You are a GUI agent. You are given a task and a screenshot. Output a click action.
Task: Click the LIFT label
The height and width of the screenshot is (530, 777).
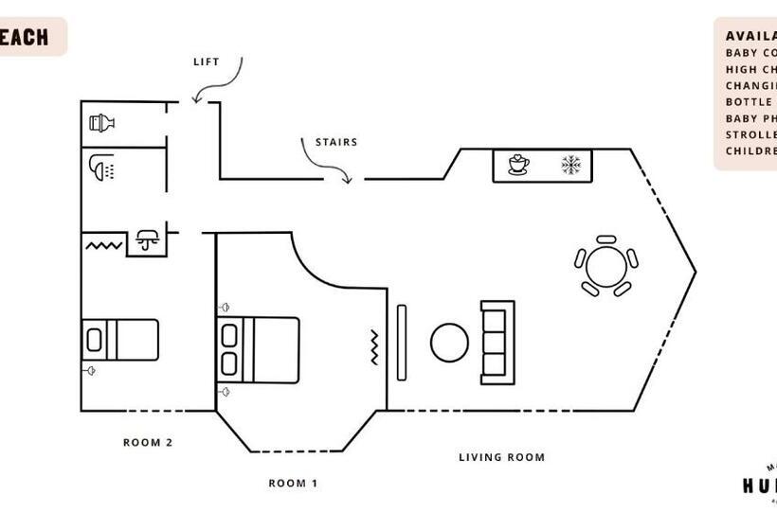(206, 62)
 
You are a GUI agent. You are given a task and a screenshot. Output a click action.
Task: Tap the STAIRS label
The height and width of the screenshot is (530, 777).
(336, 143)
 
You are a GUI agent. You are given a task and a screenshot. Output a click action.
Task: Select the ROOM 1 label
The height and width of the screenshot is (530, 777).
(293, 484)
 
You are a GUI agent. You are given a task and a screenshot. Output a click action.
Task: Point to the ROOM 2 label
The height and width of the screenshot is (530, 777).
(148, 442)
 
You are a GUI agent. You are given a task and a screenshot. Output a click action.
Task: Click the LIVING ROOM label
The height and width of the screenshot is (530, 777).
(501, 457)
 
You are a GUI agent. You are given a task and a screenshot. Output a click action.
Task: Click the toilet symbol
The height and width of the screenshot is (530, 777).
(101, 122)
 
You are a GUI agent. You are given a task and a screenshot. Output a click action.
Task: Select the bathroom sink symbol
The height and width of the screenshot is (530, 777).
(147, 239)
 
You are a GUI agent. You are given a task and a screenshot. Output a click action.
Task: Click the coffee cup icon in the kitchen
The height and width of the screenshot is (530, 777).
(518, 166)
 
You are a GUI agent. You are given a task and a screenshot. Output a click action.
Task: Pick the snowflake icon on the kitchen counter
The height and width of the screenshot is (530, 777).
(570, 166)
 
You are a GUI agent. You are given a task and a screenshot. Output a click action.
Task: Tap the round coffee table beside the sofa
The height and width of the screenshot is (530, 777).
(449, 343)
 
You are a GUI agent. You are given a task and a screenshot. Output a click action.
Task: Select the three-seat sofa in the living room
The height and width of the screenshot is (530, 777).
(497, 343)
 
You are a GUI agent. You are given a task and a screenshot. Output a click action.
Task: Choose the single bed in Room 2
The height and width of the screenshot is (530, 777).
(120, 339)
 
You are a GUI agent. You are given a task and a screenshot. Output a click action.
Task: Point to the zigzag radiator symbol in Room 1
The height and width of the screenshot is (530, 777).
(374, 347)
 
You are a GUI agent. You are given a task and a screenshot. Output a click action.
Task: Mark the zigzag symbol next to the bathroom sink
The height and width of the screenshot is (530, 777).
(105, 245)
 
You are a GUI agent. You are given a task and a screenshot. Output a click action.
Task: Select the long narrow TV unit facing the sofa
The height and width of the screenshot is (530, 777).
(401, 343)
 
